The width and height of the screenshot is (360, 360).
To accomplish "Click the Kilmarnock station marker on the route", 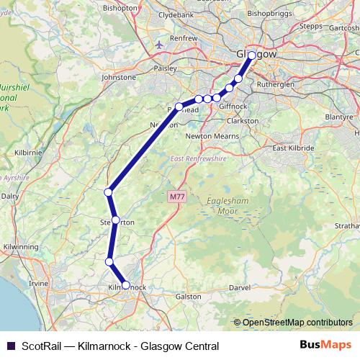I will click(126, 285).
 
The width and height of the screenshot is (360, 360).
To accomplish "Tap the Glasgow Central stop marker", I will click(251, 55).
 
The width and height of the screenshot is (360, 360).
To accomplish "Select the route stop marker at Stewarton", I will click(115, 220).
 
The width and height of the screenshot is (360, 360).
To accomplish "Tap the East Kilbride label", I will click(293, 148).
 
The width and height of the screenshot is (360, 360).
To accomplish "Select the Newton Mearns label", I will click(212, 135).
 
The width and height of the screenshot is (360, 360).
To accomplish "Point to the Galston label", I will click(189, 296).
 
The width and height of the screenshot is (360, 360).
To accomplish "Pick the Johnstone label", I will click(119, 77).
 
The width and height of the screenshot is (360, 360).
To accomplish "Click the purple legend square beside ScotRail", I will click(11, 346).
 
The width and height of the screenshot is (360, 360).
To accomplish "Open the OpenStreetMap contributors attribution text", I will click(297, 323).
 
